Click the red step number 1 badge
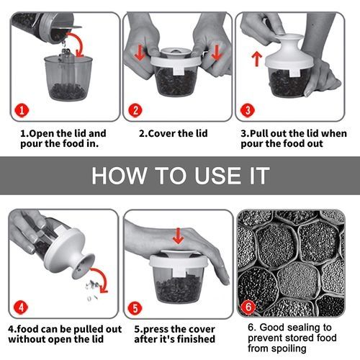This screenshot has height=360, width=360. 22,111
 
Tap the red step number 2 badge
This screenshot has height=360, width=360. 135,111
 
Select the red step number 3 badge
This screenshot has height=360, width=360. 248,110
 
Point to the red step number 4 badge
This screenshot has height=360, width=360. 21,307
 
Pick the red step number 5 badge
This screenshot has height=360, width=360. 135,308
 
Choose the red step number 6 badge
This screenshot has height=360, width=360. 248,307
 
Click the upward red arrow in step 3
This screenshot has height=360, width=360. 257,59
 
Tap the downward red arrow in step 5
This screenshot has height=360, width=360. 178,235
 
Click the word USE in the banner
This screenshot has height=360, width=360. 218,176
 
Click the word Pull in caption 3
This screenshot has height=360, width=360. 259,133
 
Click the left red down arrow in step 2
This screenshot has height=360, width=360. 140,53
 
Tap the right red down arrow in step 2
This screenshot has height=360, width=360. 216,53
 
